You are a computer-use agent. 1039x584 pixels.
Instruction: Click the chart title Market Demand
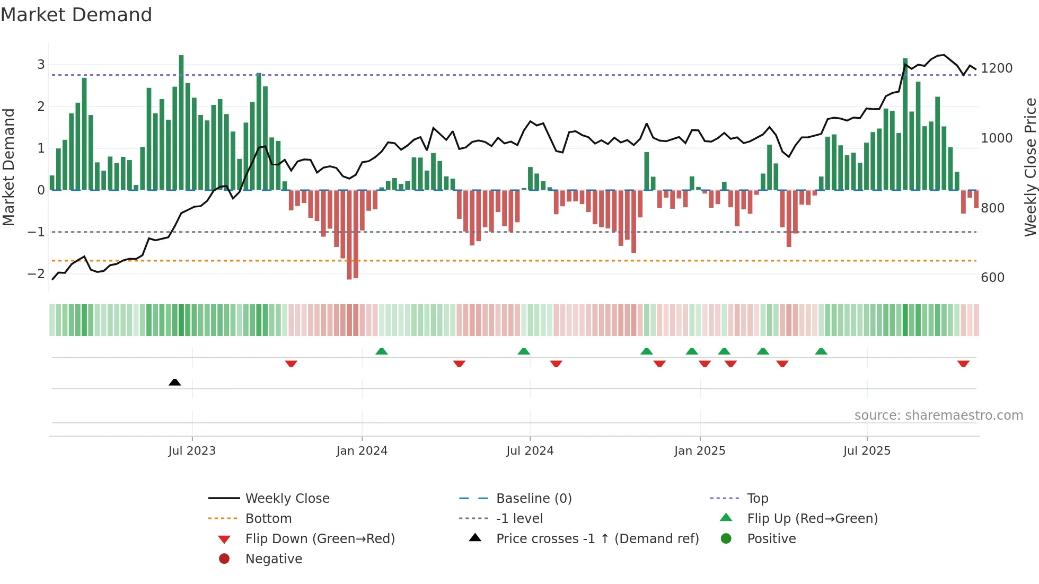(76, 15)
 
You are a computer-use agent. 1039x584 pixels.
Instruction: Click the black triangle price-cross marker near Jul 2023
(174, 382)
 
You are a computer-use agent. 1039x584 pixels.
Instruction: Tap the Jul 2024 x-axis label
(530, 451)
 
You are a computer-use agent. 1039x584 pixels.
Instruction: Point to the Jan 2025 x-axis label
(699, 451)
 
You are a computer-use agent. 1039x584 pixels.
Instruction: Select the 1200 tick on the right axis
(997, 68)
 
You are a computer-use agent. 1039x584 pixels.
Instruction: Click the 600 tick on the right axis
(992, 278)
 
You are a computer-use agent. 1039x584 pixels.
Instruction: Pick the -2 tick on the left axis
(36, 274)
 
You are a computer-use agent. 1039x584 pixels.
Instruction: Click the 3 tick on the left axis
(41, 65)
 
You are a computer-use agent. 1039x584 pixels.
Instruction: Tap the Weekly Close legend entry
(287, 499)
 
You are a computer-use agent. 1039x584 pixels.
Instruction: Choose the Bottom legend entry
(268, 519)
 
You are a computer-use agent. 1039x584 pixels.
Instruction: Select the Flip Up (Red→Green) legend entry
(812, 519)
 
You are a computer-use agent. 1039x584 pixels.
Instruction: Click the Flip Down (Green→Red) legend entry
(320, 539)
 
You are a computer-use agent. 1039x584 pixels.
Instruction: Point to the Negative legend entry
(274, 559)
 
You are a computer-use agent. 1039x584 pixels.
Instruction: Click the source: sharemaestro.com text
(938, 415)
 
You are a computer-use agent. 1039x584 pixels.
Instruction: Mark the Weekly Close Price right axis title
(1030, 167)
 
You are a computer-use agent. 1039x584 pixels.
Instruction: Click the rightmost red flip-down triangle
(963, 364)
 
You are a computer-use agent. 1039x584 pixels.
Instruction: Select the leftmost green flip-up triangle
(381, 351)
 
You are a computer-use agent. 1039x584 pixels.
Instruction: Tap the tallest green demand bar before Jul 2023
(181, 122)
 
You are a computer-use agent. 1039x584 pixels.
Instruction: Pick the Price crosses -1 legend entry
(597, 539)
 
